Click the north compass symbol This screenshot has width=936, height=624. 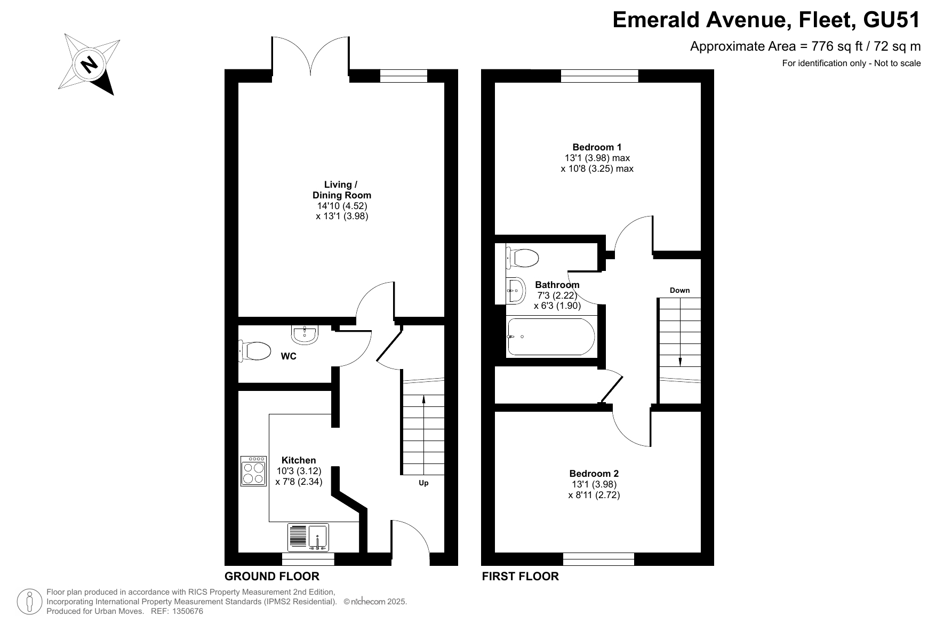pyautogui.click(x=89, y=65)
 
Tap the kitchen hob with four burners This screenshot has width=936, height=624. pyautogui.click(x=253, y=471)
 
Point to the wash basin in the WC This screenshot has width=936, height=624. pyautogui.click(x=305, y=334)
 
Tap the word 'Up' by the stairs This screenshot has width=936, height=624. pyautogui.click(x=423, y=483)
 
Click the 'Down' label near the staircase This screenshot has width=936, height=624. pyautogui.click(x=679, y=290)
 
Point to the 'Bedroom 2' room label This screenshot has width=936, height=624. pyautogui.click(x=594, y=474)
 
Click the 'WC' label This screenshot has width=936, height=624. pyautogui.click(x=289, y=356)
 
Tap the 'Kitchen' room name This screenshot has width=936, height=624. pyautogui.click(x=299, y=460)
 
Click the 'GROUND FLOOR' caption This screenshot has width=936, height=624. pyautogui.click(x=272, y=577)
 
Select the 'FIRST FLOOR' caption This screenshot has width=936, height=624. pyautogui.click(x=521, y=577)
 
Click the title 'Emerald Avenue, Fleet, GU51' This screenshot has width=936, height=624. pyautogui.click(x=766, y=20)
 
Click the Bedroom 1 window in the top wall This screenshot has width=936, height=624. pyautogui.click(x=599, y=76)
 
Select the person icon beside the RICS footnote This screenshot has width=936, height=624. pyautogui.click(x=30, y=602)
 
